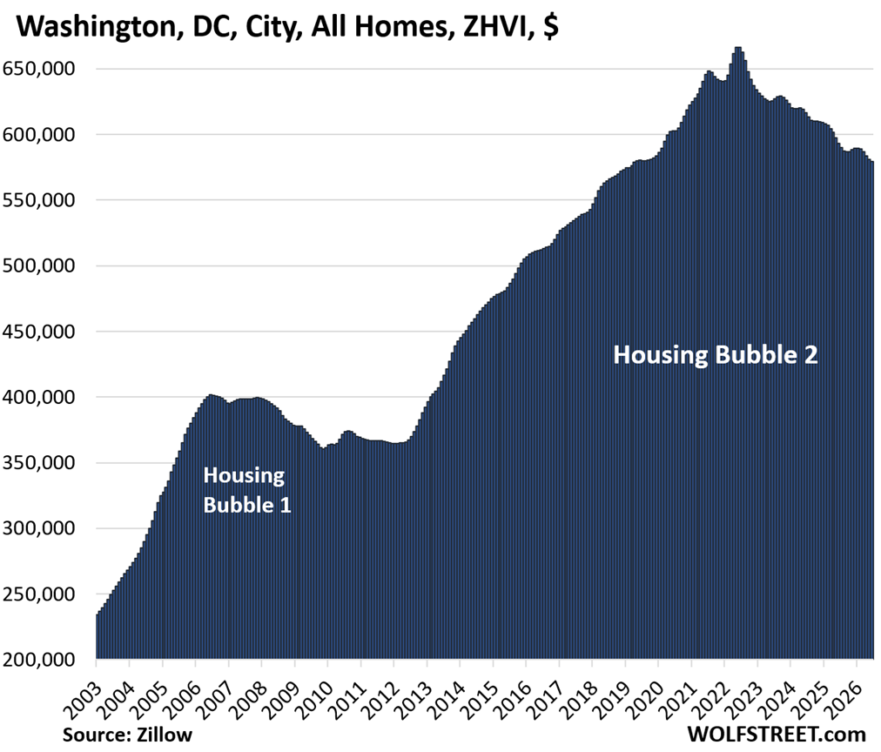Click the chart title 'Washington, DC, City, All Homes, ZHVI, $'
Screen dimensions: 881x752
click(287, 25)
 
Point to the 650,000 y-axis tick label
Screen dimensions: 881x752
click(39, 69)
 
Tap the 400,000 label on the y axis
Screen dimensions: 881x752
click(39, 397)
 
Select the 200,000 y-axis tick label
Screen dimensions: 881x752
click(39, 660)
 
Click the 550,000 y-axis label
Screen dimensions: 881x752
click(39, 200)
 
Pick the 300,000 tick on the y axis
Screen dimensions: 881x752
click(39, 528)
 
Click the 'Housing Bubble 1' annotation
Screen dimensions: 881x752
click(247, 490)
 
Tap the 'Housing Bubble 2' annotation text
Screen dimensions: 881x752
click(716, 355)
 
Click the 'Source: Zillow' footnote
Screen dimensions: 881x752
click(128, 735)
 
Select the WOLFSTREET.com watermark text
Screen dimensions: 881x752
click(776, 734)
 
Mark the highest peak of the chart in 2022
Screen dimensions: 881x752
click(738, 48)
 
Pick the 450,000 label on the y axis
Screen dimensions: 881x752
click(39, 332)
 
